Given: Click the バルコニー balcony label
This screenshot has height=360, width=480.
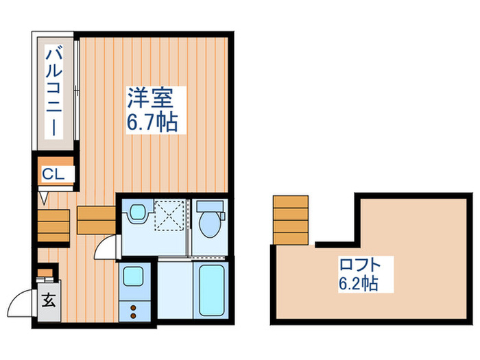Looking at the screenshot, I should tap(53, 91).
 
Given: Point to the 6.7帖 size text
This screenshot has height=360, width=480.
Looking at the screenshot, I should tap(152, 123).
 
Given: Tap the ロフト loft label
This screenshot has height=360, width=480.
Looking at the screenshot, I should tap(357, 265).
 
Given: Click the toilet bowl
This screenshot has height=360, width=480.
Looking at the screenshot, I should tap(208, 223).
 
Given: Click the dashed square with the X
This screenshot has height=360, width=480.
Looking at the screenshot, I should tap(168, 214).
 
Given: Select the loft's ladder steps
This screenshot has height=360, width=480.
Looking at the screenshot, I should tap(290, 219).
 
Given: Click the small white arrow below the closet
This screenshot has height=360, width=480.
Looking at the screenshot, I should tap(44, 199).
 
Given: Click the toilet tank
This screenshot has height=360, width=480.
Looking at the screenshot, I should tap(208, 206).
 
